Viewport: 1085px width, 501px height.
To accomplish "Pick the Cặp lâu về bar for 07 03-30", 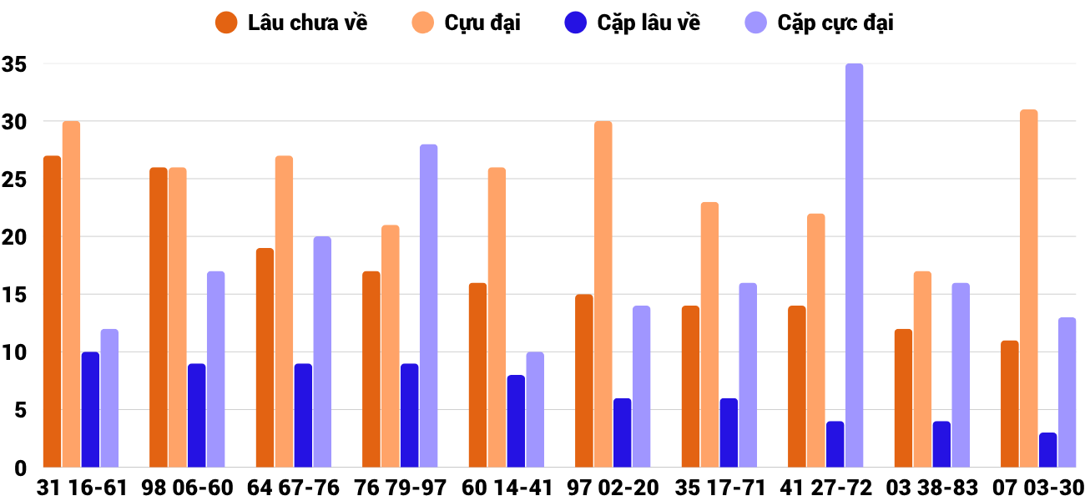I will (1047, 450).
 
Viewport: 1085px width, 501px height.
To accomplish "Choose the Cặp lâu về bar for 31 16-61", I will (90, 409).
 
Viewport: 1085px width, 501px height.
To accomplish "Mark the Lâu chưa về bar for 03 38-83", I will (903, 398).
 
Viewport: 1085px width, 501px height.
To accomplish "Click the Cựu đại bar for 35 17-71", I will (709, 334).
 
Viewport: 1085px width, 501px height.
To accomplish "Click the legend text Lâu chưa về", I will (307, 23).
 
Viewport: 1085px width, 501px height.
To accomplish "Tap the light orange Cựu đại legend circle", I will (422, 23).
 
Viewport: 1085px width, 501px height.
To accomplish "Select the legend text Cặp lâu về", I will (648, 23).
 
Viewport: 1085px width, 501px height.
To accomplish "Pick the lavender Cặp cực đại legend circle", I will (755, 23).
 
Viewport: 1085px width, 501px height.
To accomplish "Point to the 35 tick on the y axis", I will (14, 64).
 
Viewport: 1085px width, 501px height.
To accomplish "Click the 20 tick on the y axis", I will (14, 237).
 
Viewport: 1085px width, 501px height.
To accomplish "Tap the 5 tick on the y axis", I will (20, 410).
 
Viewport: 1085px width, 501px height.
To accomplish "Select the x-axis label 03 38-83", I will (932, 488).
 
